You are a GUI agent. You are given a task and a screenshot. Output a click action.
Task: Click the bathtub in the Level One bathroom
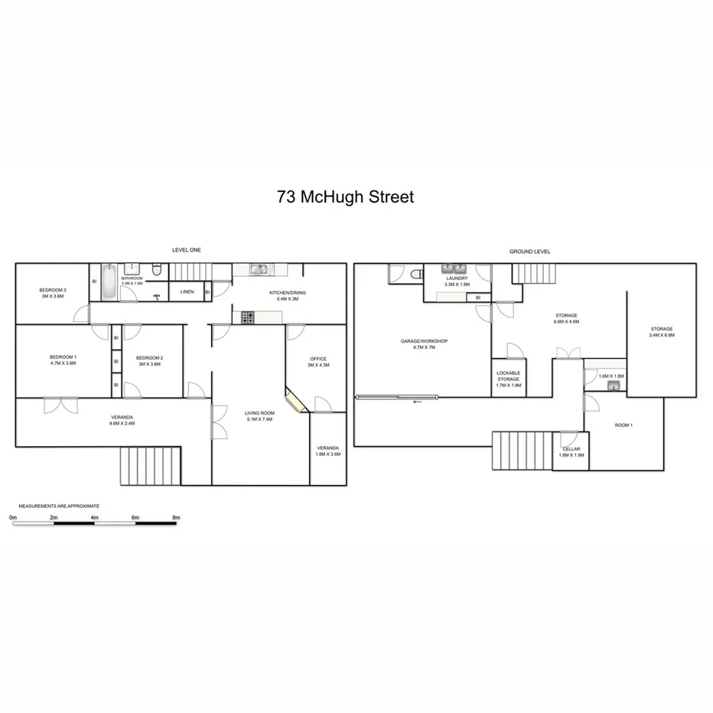[x=109, y=282]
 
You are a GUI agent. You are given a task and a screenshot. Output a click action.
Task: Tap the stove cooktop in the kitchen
[x=247, y=315]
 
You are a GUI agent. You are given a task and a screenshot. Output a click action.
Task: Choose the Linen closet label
[x=187, y=292]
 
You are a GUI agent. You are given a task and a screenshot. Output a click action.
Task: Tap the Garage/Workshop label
[x=424, y=341]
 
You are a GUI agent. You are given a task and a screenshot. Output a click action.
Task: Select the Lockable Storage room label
[x=508, y=376]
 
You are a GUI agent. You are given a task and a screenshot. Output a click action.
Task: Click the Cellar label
[x=571, y=449]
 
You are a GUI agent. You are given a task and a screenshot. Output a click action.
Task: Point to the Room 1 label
[x=623, y=425]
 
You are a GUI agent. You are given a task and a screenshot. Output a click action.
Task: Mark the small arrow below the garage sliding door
[x=417, y=402]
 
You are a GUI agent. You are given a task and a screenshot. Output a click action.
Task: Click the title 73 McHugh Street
[x=346, y=197]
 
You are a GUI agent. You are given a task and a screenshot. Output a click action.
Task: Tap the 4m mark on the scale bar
[x=95, y=518]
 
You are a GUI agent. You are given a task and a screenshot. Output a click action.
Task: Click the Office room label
[x=318, y=359]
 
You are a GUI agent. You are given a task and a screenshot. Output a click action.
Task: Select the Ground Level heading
[x=530, y=252]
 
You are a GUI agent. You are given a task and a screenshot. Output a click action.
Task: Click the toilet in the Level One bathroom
[x=156, y=270]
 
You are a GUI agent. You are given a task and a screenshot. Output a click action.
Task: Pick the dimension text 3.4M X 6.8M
[x=661, y=335]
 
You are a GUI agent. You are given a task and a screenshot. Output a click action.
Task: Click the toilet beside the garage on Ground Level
[x=415, y=273]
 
